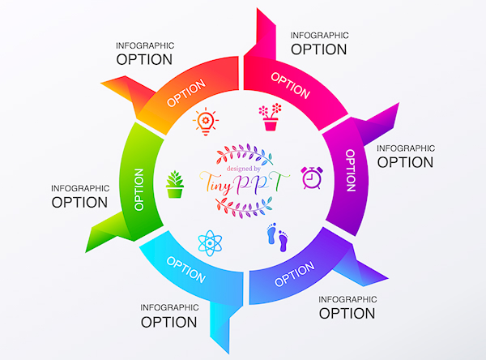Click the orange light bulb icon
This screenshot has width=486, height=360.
click(207, 122)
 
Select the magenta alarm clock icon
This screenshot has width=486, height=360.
click(311, 177)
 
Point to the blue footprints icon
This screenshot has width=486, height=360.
click(277, 237)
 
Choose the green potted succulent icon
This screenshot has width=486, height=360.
click(174, 184)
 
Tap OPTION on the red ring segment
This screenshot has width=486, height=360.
click(291, 85)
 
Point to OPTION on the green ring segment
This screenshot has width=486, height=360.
click(139, 189)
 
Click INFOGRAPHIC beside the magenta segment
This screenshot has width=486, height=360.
click(406, 148)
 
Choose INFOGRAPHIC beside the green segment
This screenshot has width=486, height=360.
click(79, 188)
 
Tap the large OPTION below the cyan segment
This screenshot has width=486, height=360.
click(168, 321)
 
